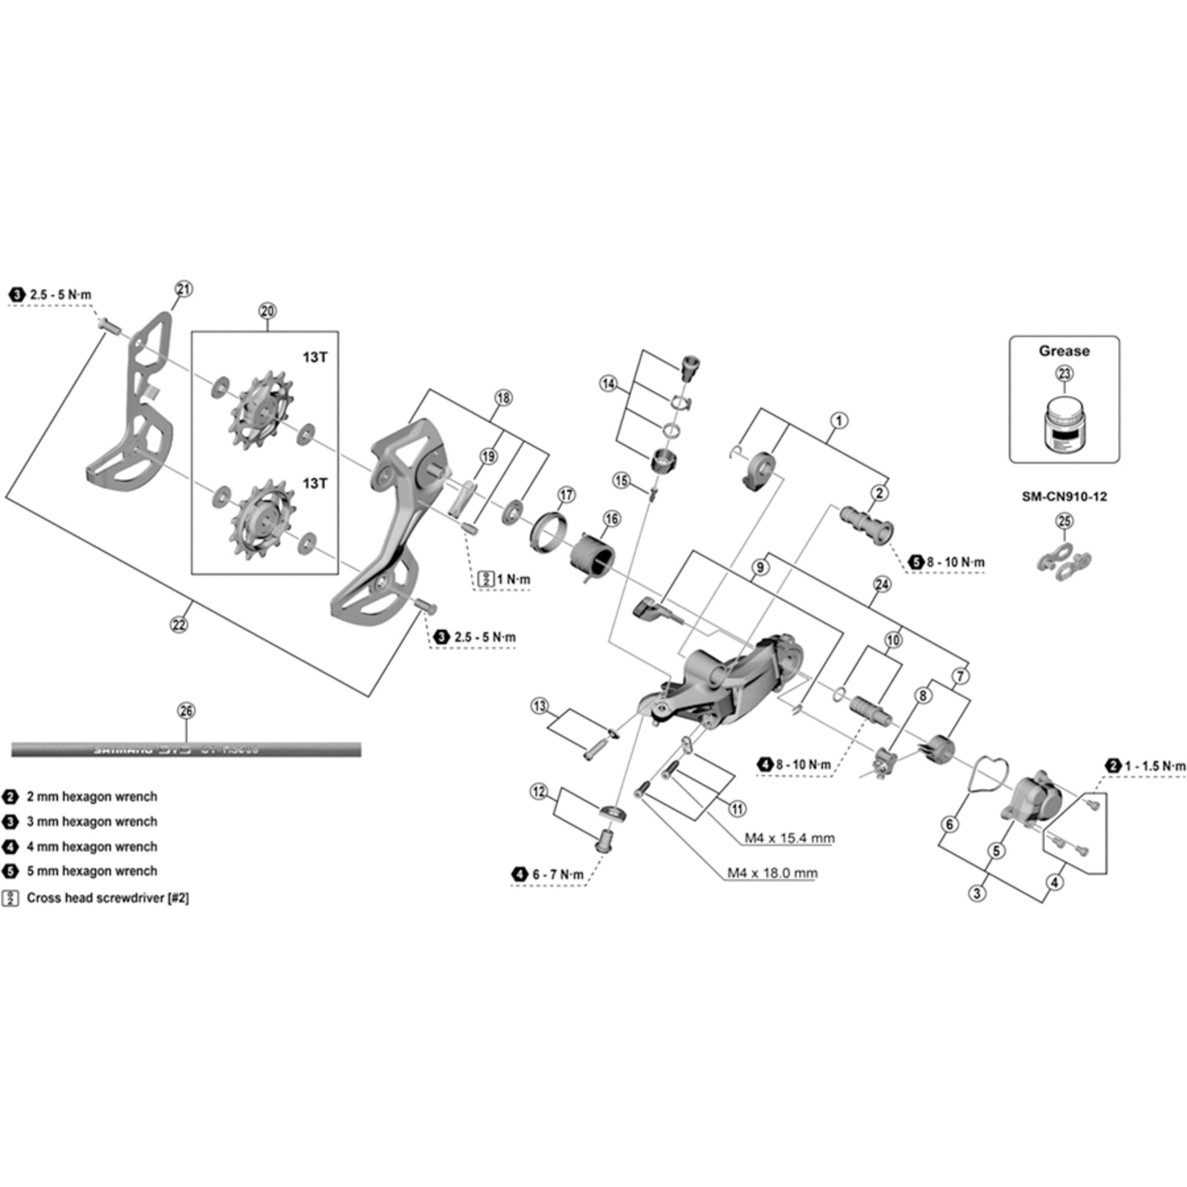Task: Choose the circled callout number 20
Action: point(267,311)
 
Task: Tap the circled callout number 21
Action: point(184,289)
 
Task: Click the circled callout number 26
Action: point(186,711)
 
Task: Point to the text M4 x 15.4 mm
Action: point(789,838)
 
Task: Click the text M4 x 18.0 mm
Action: point(772,873)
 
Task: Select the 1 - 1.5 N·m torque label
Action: point(1153,766)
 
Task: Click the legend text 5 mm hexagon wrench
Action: point(92,871)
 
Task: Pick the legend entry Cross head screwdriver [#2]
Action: point(108,898)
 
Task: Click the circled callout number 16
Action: point(612,519)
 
